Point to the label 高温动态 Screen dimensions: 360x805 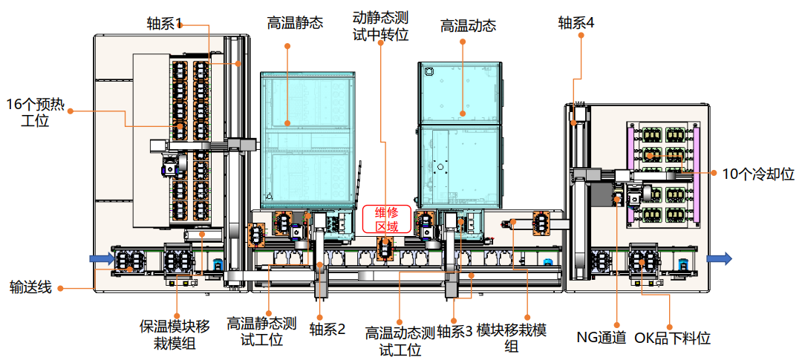468,25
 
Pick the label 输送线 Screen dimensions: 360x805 30,287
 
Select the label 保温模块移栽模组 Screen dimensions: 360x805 175,333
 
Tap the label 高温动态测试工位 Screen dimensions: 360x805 400,338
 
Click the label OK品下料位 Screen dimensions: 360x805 672,338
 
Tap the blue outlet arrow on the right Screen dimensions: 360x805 718,258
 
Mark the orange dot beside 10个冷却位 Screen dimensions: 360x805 713,174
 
